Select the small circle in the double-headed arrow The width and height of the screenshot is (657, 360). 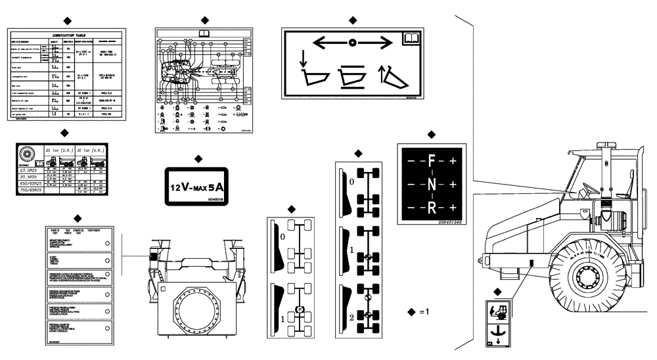coord(353,43)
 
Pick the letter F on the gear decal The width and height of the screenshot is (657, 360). coord(431,160)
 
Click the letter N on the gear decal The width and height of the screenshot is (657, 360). coord(431,184)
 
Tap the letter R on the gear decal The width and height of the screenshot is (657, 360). coord(431,208)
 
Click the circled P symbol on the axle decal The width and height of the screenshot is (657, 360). coord(299,307)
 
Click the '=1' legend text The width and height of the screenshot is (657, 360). coord(423,311)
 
